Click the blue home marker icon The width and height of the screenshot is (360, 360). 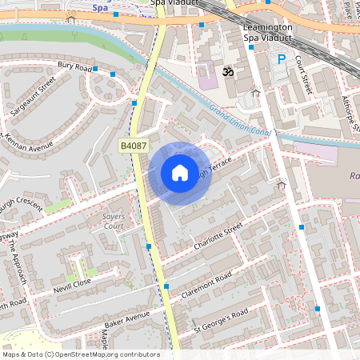tap(180, 173)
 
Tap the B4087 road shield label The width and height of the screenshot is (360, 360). tap(133, 145)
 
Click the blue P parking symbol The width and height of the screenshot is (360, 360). tap(281, 59)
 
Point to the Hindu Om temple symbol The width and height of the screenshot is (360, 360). tap(226, 73)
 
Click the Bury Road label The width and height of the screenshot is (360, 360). tap(74, 66)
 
